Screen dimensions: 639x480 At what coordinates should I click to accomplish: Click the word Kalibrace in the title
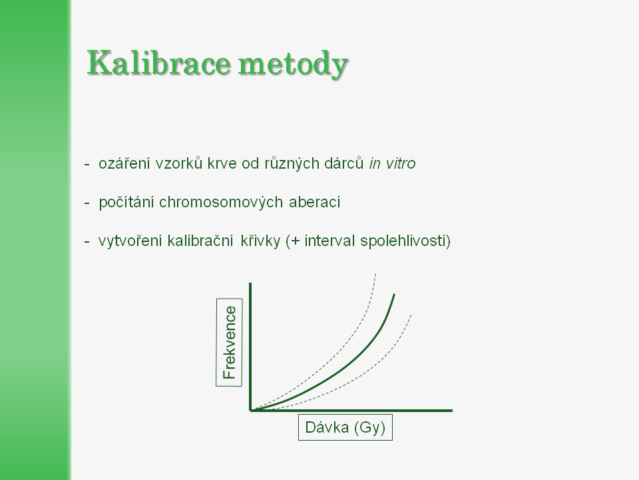(159, 63)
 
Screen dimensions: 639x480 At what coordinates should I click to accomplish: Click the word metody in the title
(293, 64)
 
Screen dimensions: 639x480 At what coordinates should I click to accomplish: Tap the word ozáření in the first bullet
(124, 163)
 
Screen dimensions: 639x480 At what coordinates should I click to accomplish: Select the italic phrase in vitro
(392, 163)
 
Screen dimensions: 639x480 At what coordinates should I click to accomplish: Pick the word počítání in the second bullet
(126, 203)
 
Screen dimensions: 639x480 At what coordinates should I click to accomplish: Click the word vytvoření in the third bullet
(130, 241)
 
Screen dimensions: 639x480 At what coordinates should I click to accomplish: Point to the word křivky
(260, 241)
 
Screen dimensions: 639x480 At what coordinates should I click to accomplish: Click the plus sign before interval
(296, 241)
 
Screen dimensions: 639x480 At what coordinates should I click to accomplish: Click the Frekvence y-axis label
(230, 343)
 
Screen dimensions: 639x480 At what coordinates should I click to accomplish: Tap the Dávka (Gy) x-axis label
(345, 427)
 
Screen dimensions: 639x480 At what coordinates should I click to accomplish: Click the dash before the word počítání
(87, 203)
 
